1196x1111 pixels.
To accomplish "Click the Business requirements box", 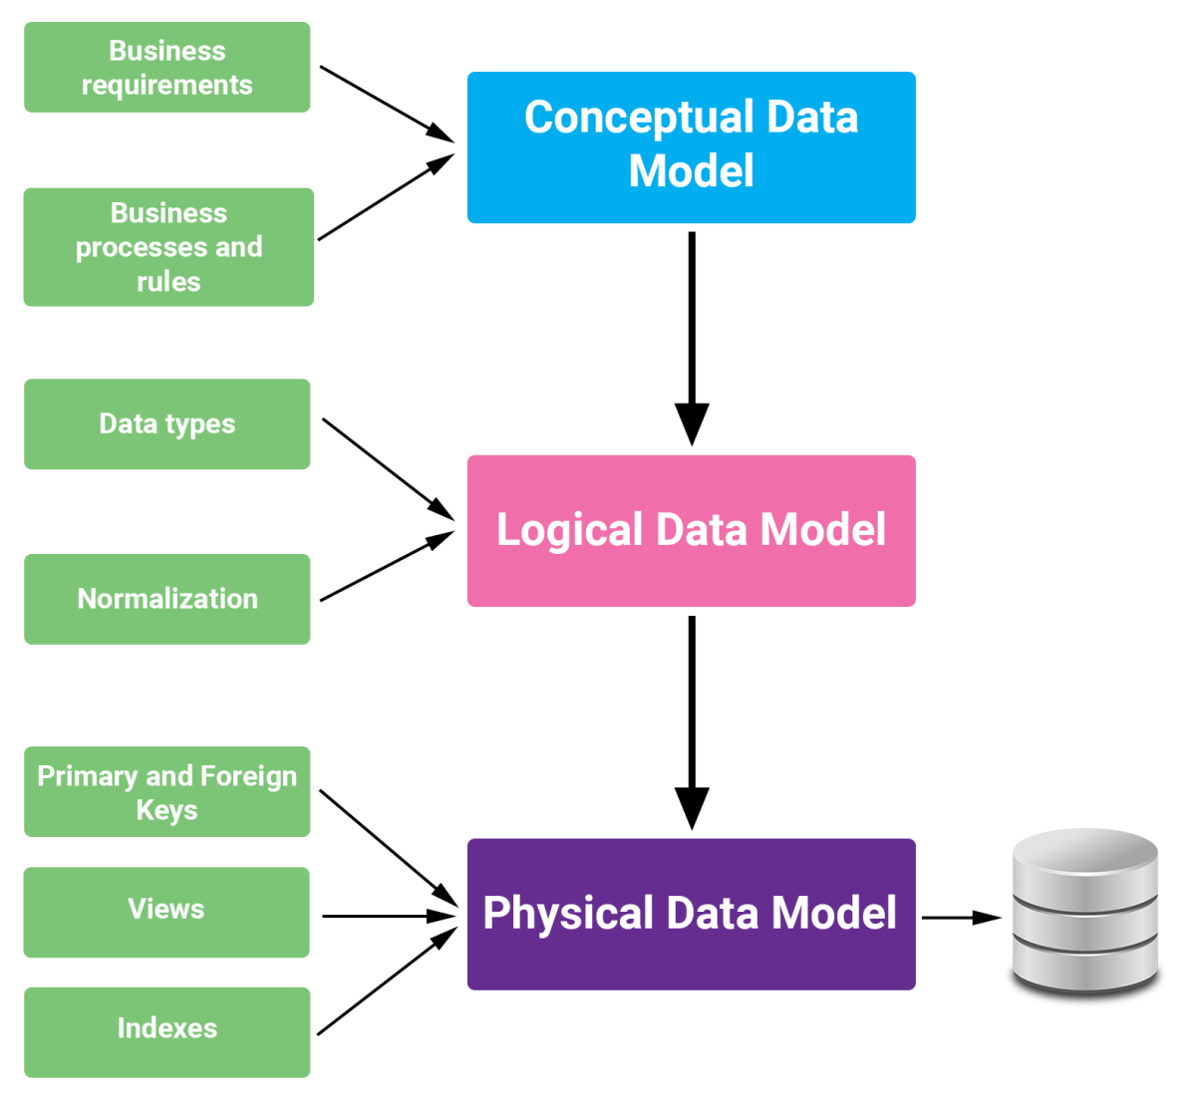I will (166, 68).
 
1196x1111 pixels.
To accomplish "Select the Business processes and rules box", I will (168, 247).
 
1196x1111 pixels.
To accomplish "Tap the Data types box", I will (166, 424).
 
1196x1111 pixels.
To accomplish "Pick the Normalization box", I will (166, 599).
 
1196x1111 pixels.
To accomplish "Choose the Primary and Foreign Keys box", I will (166, 792).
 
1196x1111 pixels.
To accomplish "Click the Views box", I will (166, 912).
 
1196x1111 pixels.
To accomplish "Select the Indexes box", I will (166, 1032).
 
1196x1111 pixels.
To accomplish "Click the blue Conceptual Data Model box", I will (691, 147).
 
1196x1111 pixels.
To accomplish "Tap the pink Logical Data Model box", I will (691, 531).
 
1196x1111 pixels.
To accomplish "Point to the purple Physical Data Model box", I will (691, 914).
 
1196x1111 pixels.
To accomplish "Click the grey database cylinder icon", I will (1085, 912).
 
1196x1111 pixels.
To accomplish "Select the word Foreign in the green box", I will (248, 776).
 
